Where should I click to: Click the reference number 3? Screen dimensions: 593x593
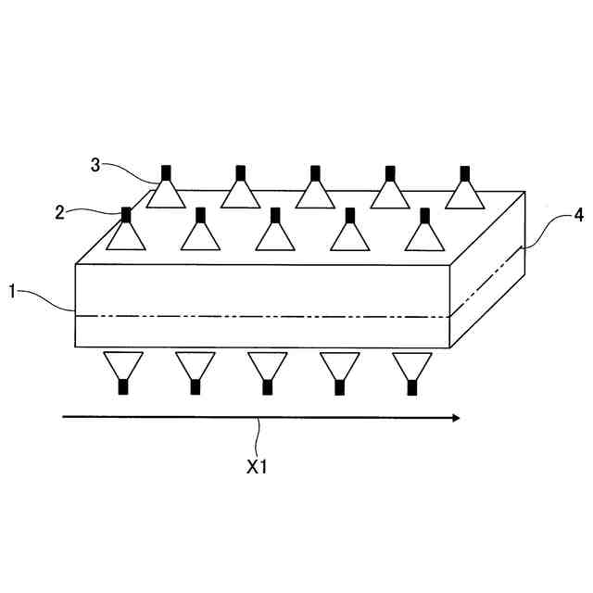(x=95, y=165)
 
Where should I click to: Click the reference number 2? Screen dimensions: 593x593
(x=59, y=212)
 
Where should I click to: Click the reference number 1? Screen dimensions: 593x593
(x=13, y=291)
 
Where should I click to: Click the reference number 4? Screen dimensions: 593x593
(x=578, y=216)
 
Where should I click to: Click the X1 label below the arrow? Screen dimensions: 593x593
(x=257, y=468)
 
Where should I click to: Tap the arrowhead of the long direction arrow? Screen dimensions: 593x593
(x=454, y=418)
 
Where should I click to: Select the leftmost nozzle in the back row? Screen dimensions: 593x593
(x=167, y=190)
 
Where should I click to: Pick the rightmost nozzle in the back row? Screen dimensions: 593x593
(x=465, y=190)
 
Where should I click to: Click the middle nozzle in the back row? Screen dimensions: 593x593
(x=315, y=190)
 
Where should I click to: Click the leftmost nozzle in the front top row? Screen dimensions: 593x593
(x=125, y=233)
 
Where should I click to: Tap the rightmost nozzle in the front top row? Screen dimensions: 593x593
(x=424, y=233)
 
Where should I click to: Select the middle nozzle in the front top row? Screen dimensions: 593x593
(x=275, y=233)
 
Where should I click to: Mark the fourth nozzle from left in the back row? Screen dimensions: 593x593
(x=390, y=190)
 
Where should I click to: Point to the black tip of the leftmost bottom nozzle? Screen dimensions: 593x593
(x=122, y=387)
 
